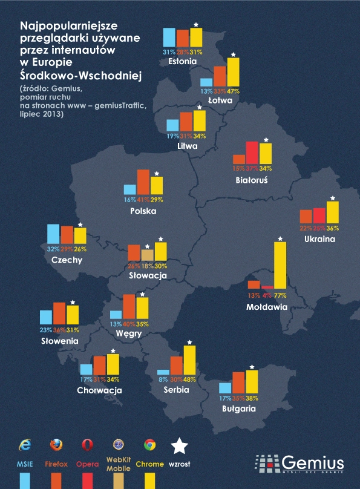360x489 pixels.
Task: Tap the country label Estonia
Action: coord(183,61)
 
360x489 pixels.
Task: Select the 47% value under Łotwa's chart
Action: coord(233,91)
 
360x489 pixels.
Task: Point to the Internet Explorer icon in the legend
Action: coord(25,445)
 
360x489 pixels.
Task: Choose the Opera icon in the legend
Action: coord(88,445)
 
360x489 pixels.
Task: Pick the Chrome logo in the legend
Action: coord(150,445)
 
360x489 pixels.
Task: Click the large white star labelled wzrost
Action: coord(179,445)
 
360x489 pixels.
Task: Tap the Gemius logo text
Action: coord(312,461)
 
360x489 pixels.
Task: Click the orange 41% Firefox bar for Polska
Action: coord(143,182)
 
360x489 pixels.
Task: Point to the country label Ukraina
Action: coord(319,239)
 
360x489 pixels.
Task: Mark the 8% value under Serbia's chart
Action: coord(163,379)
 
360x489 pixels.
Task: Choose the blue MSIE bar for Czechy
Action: coord(53,234)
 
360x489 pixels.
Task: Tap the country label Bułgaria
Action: coord(238,409)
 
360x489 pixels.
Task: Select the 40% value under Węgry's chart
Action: coord(129,324)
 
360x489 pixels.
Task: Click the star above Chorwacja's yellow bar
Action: coord(113,350)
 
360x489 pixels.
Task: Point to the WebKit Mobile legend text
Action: coord(119,464)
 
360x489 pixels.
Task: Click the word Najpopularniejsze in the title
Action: coord(69,26)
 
